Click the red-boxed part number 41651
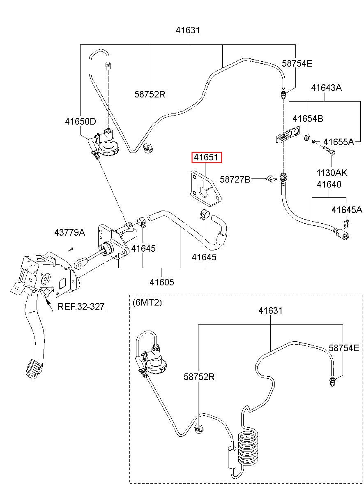tap(207, 158)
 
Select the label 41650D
tap(81, 121)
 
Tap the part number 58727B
tap(235, 179)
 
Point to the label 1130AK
tap(332, 173)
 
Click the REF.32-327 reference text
tap(81, 306)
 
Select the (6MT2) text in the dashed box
tap(147, 302)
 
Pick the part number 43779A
tap(69, 232)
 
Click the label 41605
tap(162, 282)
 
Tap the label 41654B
tap(308, 118)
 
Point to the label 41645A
tap(347, 210)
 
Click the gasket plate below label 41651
tap(205, 188)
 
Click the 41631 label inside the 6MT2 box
tap(270, 310)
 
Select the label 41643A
tap(326, 88)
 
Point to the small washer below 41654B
tap(306, 138)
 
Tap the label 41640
tap(329, 184)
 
